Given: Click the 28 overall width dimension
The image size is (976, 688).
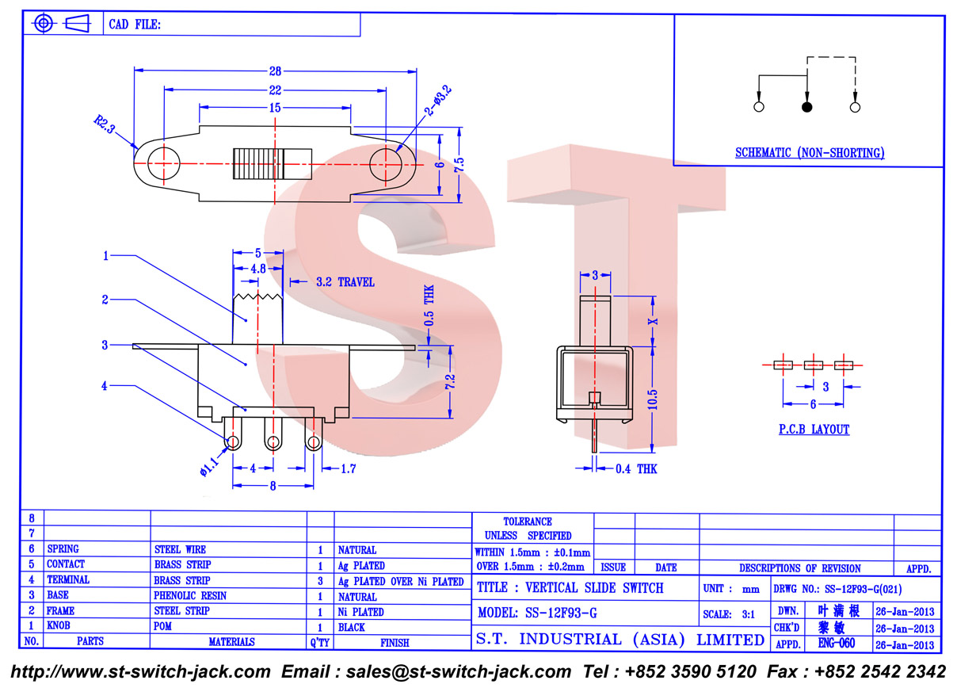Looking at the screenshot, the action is point(275,71).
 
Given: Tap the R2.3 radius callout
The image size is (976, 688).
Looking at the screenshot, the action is point(105,124).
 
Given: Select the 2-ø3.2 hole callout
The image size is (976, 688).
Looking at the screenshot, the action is point(439,101).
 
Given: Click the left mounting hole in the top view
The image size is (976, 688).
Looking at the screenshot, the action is point(164,163).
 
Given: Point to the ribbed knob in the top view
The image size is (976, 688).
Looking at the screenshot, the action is point(273,164).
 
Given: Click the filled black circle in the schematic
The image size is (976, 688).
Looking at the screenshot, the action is point(807,107).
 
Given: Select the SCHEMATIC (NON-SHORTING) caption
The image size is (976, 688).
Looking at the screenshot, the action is point(810,153).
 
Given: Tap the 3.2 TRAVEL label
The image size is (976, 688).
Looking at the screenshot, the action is point(345,282).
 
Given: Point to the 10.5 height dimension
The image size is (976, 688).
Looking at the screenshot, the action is point(652,399).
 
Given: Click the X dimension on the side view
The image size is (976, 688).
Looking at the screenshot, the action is point(653,322).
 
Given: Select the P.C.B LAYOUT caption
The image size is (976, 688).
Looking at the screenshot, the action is point(814,430).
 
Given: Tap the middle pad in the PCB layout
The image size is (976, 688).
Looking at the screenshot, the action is point(814,365).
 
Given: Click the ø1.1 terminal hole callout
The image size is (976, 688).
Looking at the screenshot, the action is point(210,466).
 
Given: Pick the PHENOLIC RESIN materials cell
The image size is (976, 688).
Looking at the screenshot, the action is point(190,595).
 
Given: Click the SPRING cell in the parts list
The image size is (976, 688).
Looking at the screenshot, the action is point(63,549).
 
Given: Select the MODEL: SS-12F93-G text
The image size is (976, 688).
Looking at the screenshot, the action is point(537,613).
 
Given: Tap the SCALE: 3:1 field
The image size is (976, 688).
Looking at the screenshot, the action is point(729,614).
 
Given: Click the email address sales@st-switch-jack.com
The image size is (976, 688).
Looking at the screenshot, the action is point(459,671).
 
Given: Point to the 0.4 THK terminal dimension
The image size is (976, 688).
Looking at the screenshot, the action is point(636,468).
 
